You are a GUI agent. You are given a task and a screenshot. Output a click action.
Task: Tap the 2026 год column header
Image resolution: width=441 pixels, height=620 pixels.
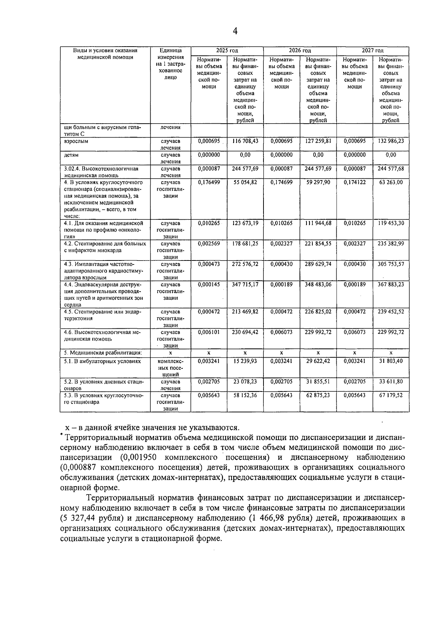(300, 51)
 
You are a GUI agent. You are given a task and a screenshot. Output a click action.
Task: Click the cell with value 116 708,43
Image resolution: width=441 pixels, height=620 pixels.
(245, 141)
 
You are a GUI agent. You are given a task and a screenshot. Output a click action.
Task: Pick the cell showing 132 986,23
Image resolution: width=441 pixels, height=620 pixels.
(391, 141)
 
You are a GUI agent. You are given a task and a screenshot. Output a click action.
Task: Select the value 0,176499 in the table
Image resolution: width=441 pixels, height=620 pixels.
(209, 182)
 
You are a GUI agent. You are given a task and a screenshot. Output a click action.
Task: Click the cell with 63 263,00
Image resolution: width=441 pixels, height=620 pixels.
(391, 182)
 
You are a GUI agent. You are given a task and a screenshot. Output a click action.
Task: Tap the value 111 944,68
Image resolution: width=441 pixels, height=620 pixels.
(318, 223)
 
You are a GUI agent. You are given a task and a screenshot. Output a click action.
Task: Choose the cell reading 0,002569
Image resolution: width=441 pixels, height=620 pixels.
(209, 244)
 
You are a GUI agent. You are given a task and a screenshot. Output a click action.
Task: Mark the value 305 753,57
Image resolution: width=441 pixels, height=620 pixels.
(391, 264)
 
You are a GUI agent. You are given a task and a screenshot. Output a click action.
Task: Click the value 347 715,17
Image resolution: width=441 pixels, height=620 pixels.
(245, 285)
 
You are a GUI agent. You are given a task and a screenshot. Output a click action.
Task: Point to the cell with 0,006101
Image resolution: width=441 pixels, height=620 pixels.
(209, 332)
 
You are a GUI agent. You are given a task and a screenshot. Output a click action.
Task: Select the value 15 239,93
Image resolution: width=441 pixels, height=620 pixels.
(245, 361)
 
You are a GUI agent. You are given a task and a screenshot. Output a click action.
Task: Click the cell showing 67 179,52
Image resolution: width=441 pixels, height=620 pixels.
(391, 395)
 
